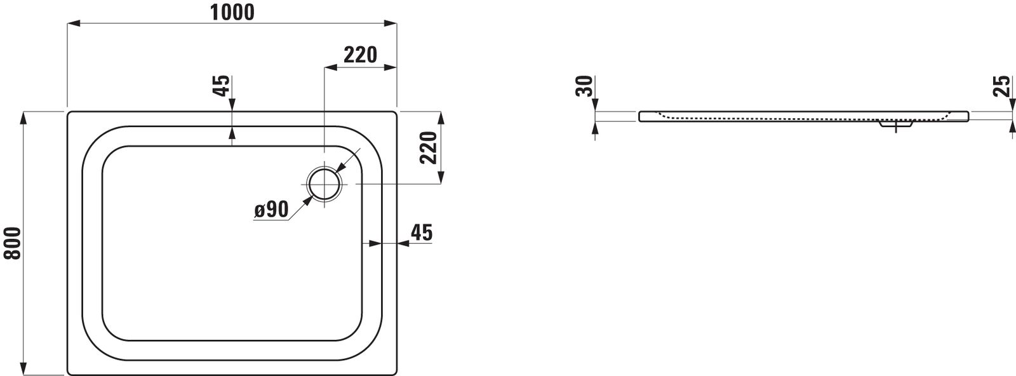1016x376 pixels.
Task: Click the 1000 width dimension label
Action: click(x=232, y=12)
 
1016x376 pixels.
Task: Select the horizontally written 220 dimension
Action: click(x=361, y=55)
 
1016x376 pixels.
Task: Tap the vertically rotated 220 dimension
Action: click(x=428, y=147)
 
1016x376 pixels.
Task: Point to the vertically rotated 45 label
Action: click(x=221, y=86)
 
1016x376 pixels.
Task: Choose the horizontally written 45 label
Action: click(x=422, y=232)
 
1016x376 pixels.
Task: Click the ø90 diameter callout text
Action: click(x=272, y=210)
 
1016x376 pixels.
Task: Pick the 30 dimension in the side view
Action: click(x=584, y=86)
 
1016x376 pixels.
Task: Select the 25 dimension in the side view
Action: click(x=1002, y=86)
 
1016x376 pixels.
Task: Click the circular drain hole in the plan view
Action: click(x=324, y=184)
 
